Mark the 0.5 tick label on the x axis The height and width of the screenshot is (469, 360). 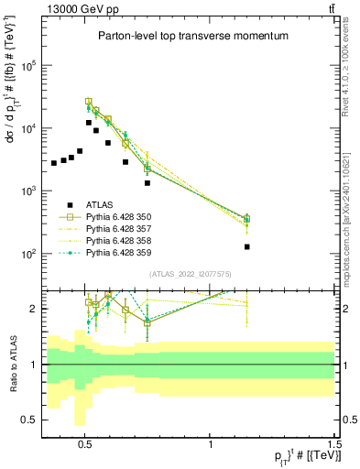[85, 442]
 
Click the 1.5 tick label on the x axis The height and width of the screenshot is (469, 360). [336, 442]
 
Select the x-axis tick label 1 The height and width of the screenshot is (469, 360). [211, 442]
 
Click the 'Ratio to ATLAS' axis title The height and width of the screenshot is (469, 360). [12, 365]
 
